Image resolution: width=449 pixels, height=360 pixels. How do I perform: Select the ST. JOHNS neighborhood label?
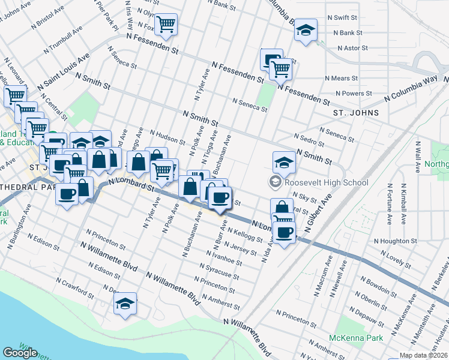click(356, 112)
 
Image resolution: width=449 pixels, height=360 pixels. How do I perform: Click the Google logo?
click(20, 352)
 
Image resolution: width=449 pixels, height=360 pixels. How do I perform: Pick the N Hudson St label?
click(167, 137)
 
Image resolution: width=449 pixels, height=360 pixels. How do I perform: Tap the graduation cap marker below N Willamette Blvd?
click(125, 304)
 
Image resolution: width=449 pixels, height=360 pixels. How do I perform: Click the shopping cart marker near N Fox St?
click(166, 25)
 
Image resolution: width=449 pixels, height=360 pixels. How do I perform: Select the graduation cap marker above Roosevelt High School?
click(284, 161)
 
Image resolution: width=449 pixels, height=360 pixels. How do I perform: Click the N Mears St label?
click(340, 79)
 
